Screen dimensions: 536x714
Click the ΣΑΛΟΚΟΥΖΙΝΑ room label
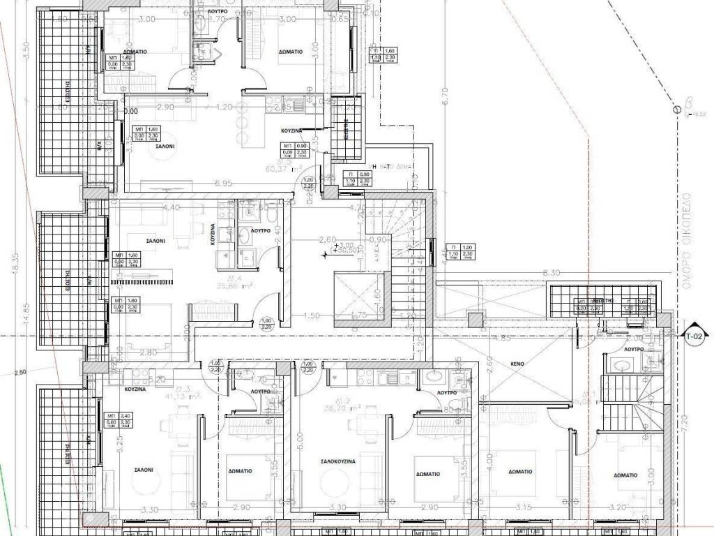[338, 462]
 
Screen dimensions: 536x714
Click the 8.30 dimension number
[551, 274]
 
